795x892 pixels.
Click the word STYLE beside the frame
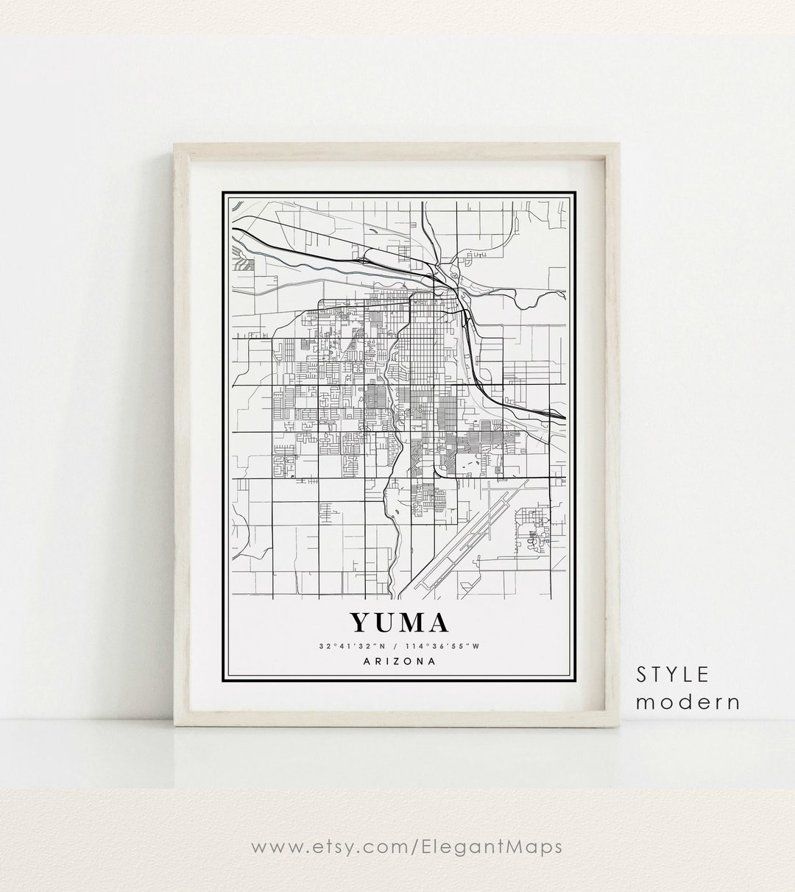673,673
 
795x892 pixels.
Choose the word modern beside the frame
688,701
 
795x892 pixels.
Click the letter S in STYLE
641,673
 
